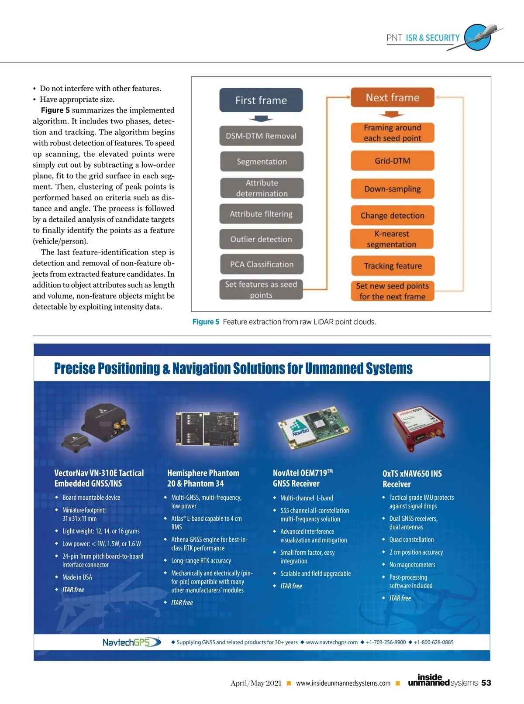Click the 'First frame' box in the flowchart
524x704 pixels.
pyautogui.click(x=261, y=100)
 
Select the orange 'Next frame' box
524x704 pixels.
pyautogui.click(x=393, y=98)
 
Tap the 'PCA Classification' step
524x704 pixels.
pyautogui.click(x=262, y=264)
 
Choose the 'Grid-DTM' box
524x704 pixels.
pyautogui.click(x=393, y=161)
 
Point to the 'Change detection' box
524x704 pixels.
pyautogui.click(x=393, y=216)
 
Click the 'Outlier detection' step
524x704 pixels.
pyautogui.click(x=261, y=239)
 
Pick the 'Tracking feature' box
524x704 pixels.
pyautogui.click(x=393, y=266)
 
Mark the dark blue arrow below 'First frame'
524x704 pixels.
pyautogui.click(x=261, y=119)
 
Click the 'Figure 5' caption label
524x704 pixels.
pyautogui.click(x=206, y=322)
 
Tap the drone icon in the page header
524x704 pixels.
pyautogui.click(x=479, y=38)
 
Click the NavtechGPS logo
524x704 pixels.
pyautogui.click(x=131, y=642)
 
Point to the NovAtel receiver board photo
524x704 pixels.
pyautogui.click(x=313, y=428)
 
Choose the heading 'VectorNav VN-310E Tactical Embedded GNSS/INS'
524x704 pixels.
pyautogui.click(x=99, y=478)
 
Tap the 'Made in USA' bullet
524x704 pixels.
pyautogui.click(x=77, y=577)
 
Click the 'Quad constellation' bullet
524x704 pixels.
pyautogui.click(x=411, y=540)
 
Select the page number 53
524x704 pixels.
pyautogui.click(x=486, y=683)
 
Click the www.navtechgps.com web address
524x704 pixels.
pyautogui.click(x=331, y=642)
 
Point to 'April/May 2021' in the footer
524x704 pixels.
pyautogui.click(x=256, y=683)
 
